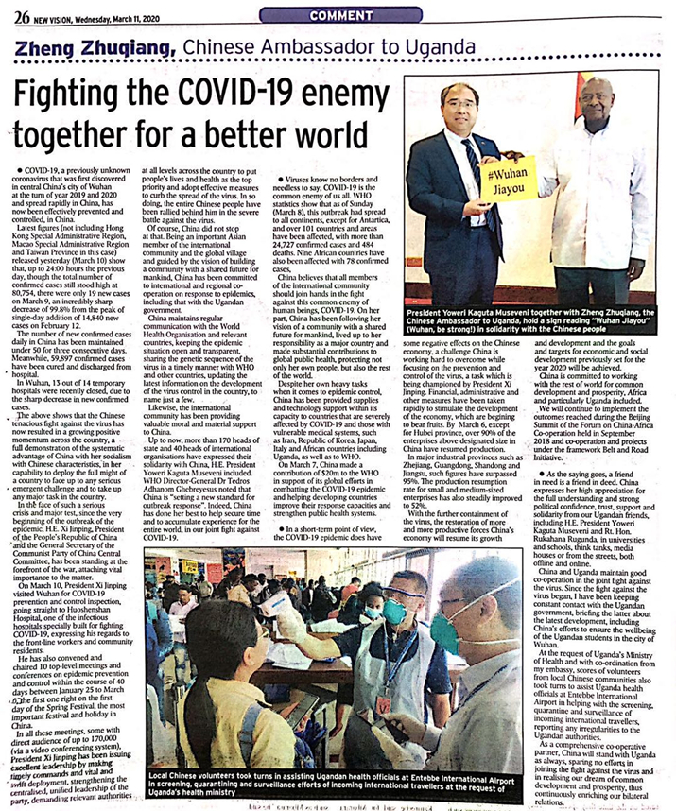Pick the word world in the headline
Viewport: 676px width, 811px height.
tap(336, 133)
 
